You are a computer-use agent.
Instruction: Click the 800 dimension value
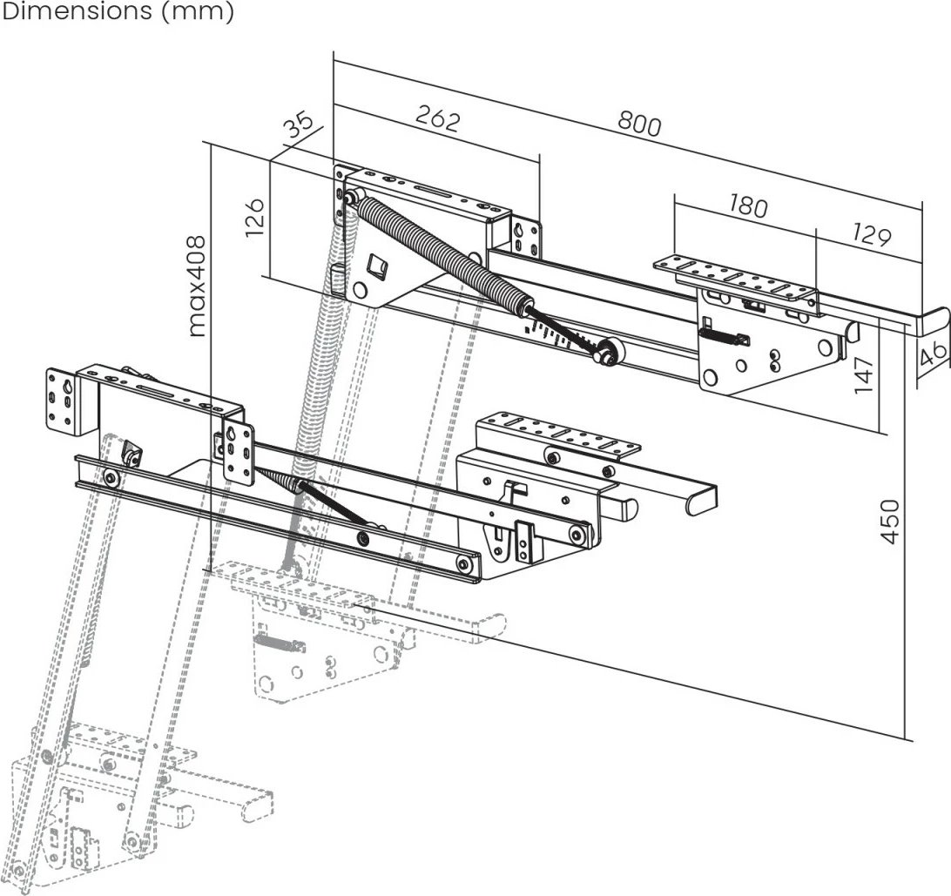(639, 125)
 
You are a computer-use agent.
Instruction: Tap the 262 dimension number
(436, 119)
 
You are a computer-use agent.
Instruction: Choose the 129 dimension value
(871, 236)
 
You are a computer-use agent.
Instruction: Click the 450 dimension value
(890, 521)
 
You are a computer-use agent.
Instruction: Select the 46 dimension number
(933, 354)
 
